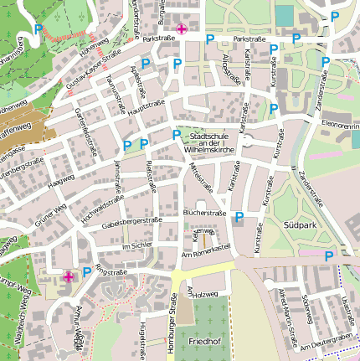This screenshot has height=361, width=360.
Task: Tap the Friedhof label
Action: [x=203, y=343]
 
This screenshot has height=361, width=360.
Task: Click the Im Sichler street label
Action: [x=136, y=246]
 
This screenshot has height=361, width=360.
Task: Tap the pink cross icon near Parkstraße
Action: [x=182, y=29]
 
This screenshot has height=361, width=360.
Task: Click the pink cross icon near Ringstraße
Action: [x=69, y=276]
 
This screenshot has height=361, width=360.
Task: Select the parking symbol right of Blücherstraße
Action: [x=239, y=217]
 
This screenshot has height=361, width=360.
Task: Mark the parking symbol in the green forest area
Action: [x=39, y=30]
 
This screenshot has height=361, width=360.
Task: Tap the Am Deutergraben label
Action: [x=327, y=344]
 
